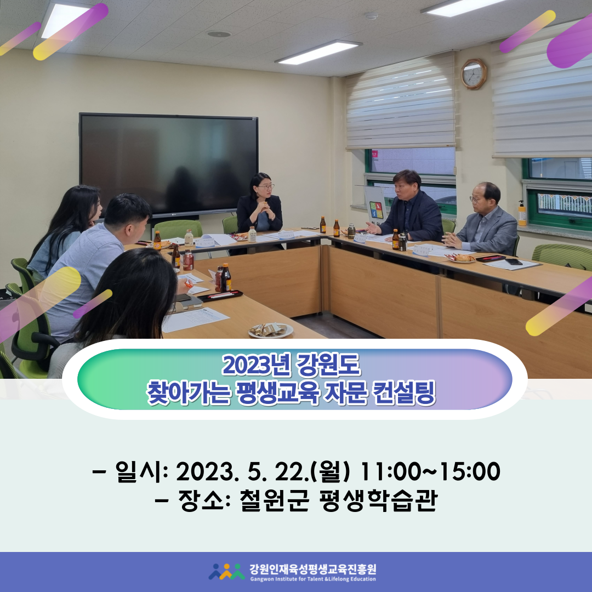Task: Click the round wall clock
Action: pos(474,74)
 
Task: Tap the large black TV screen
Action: pos(169,164)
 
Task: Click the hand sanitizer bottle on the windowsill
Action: pos(522,213)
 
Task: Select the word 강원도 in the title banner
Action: pos(328,365)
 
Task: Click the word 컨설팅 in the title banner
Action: pos(403,393)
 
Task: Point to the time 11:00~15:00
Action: pos(430,471)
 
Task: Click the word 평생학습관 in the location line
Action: pos(378,500)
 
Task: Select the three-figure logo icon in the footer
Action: pos(226,572)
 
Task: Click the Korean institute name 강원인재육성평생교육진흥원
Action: pos(313,569)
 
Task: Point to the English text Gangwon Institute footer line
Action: pos(313,579)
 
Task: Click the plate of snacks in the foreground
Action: pos(270,331)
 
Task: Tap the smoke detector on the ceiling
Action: pos(371,15)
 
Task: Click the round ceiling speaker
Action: pos(219,34)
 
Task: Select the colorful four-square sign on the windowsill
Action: pos(376,210)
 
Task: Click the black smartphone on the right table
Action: pos(514,261)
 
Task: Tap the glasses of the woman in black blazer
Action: pos(266,186)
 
